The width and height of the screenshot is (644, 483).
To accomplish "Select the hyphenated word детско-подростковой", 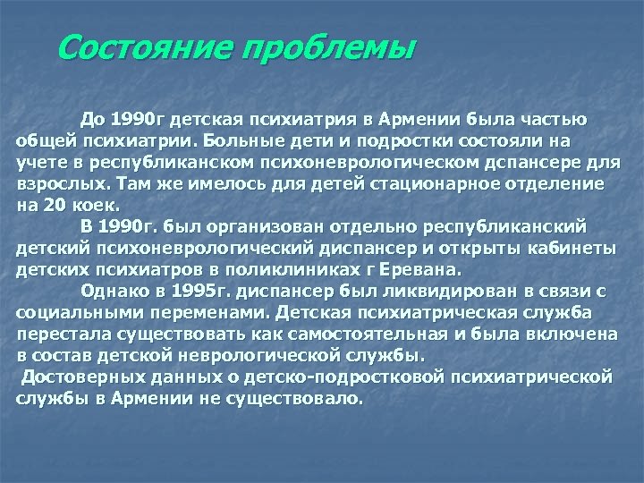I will click(x=358, y=375).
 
